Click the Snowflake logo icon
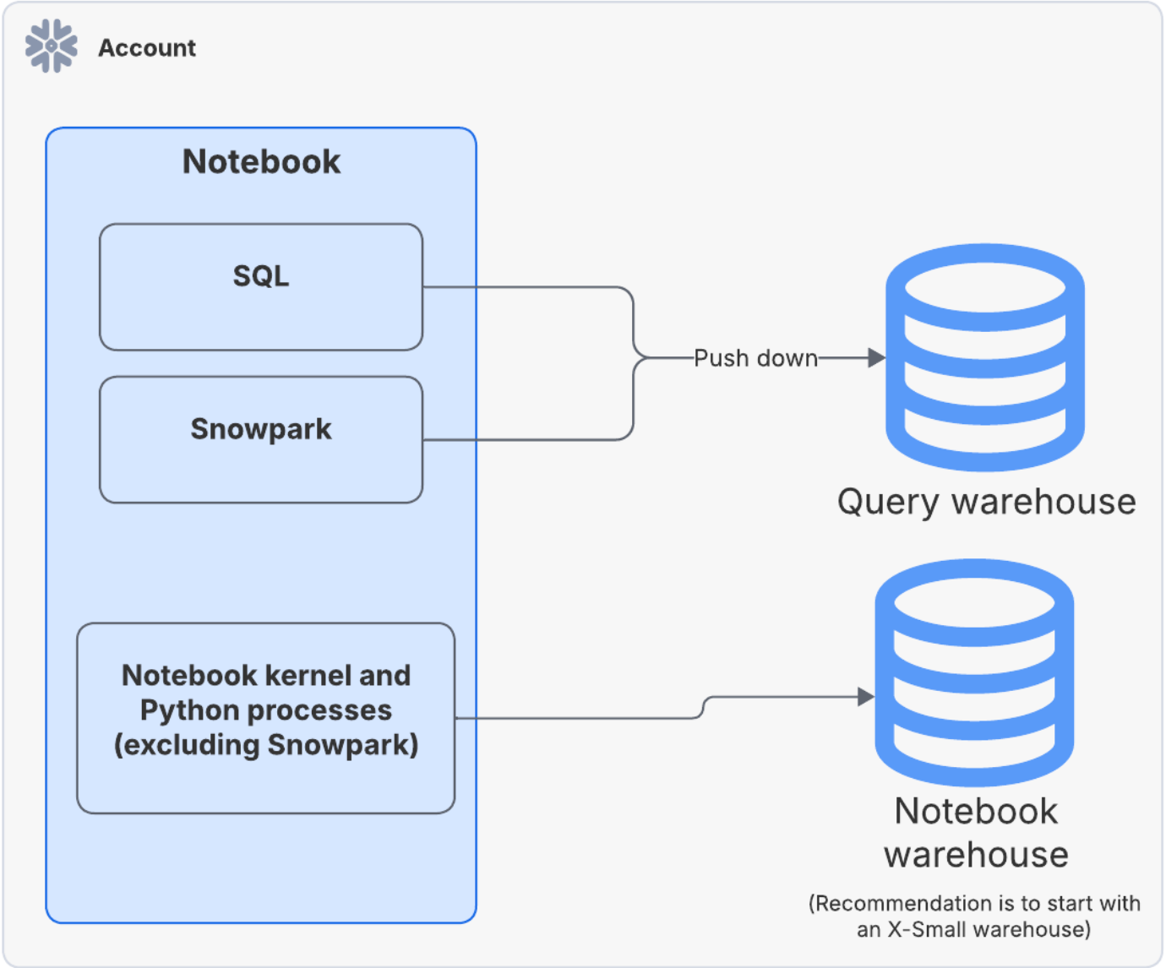coord(52,46)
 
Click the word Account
coord(147,48)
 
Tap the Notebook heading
coord(261,161)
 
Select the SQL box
coord(261,287)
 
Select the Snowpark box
coord(261,439)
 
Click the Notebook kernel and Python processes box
coord(265,718)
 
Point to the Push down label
coord(755,358)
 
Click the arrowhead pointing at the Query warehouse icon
coord(876,358)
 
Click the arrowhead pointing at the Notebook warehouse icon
coord(865,697)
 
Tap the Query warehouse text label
coord(986,502)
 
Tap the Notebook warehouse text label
coord(976,833)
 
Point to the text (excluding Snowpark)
coord(266,745)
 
